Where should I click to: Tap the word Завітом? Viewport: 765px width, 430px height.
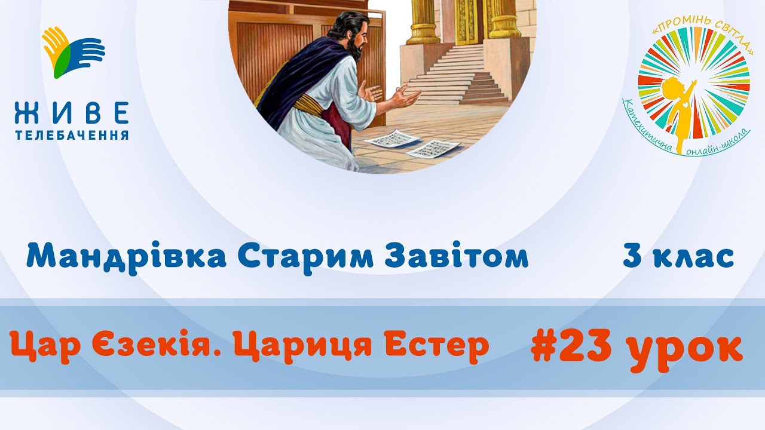point(457,256)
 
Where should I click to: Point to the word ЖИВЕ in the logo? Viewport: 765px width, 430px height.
point(72,113)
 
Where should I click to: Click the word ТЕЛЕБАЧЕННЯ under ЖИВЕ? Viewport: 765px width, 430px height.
point(72,135)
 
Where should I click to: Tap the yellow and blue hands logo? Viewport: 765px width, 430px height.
point(73,52)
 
